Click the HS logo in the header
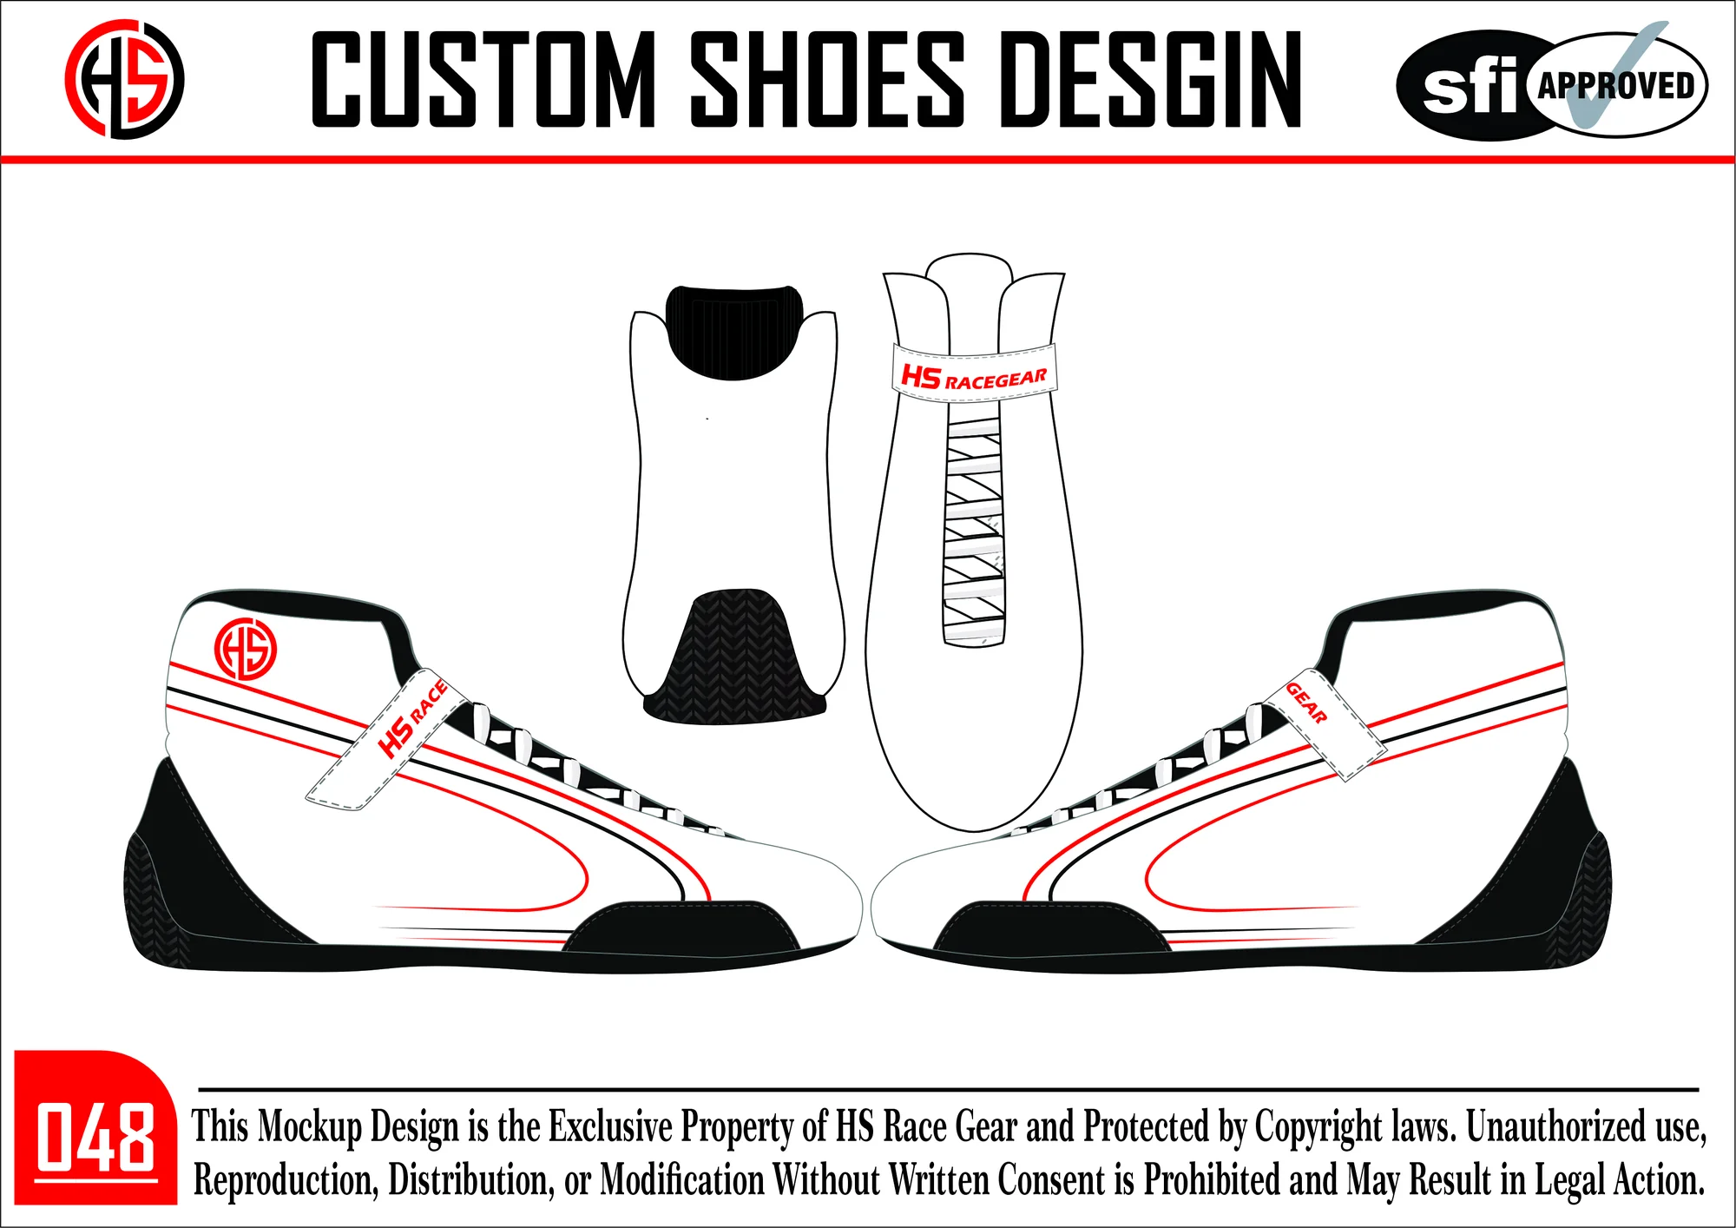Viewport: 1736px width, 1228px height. pos(124,79)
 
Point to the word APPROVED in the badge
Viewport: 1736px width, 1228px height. pos(1616,85)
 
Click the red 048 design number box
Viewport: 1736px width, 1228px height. pos(95,1127)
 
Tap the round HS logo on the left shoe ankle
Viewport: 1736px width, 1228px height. pos(246,650)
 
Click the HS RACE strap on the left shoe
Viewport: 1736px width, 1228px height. pos(387,738)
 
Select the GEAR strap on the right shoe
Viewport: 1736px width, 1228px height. pos(1323,724)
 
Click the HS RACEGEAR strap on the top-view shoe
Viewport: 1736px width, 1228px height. pos(974,373)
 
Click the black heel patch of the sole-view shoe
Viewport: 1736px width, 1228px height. pos(733,333)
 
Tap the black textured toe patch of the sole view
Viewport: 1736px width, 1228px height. pos(734,656)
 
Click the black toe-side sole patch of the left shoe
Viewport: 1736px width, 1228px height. pos(681,926)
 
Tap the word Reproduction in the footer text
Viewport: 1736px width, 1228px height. pos(286,1180)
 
